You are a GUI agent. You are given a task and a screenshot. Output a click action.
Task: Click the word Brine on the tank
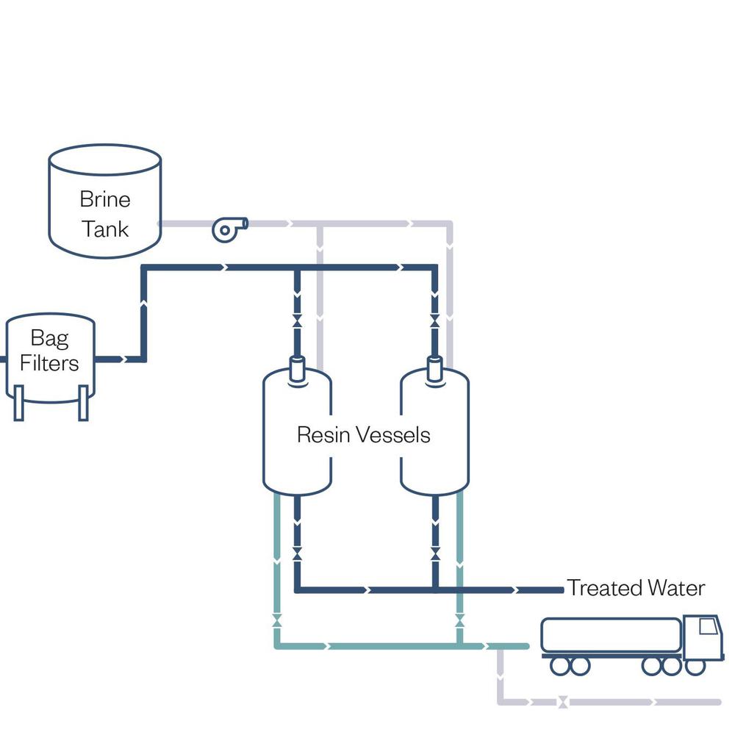pos(105,199)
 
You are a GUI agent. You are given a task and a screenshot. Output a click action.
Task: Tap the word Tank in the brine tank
pos(105,229)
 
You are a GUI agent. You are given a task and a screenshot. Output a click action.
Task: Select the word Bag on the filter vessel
pos(49,338)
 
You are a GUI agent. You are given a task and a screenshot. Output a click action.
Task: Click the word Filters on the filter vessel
pos(49,363)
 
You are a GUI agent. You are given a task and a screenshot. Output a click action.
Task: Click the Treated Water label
pos(636,588)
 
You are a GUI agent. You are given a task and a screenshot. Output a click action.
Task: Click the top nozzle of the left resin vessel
pos(297,368)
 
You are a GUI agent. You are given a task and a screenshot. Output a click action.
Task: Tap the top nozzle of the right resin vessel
pos(434,368)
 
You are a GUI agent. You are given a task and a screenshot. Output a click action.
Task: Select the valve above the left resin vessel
pos(297,322)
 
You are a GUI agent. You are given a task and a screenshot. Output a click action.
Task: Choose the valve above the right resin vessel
pos(434,322)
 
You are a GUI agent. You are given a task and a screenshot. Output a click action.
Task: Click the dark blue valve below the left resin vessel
pos(297,553)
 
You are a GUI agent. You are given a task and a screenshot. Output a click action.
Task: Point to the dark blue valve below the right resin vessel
pos(434,553)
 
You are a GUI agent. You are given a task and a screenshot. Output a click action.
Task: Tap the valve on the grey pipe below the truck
pos(562,702)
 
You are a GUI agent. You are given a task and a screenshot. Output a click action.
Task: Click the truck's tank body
pos(610,635)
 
